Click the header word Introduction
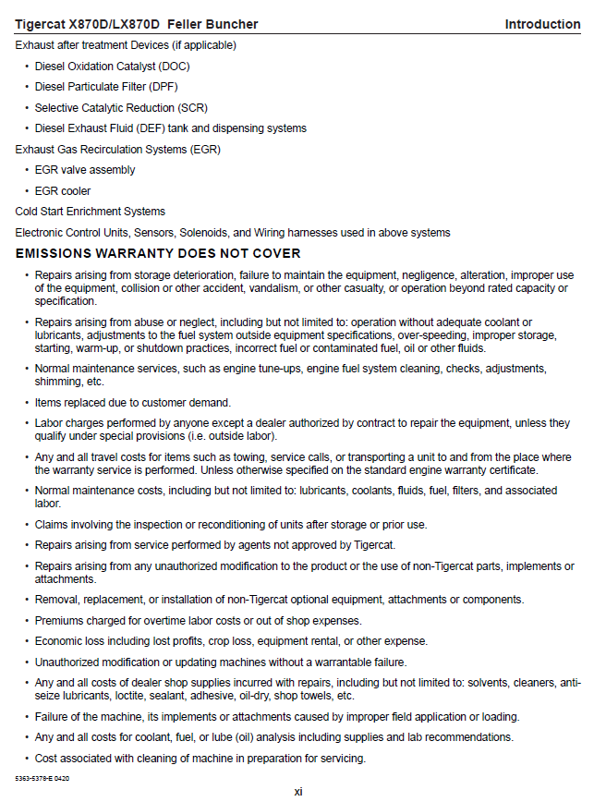(x=542, y=24)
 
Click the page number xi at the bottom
(x=298, y=791)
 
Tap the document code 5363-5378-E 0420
(x=42, y=779)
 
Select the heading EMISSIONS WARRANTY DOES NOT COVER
(x=158, y=253)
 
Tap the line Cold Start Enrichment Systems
(x=91, y=212)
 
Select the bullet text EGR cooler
(x=63, y=191)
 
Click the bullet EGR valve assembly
(x=85, y=170)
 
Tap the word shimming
(x=58, y=382)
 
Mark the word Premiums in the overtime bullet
(x=61, y=620)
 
